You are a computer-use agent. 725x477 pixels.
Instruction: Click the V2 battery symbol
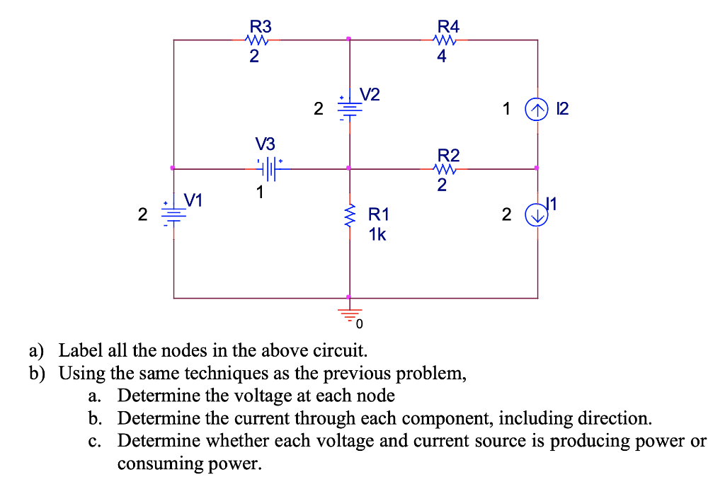point(348,108)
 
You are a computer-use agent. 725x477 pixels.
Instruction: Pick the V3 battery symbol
point(270,169)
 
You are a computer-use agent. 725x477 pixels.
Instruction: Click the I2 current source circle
point(536,109)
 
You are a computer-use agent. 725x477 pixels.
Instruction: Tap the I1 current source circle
point(536,216)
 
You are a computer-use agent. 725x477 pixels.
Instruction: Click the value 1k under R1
point(377,234)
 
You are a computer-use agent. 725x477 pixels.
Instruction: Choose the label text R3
point(261,27)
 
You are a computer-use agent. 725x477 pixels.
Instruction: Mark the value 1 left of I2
point(506,109)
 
